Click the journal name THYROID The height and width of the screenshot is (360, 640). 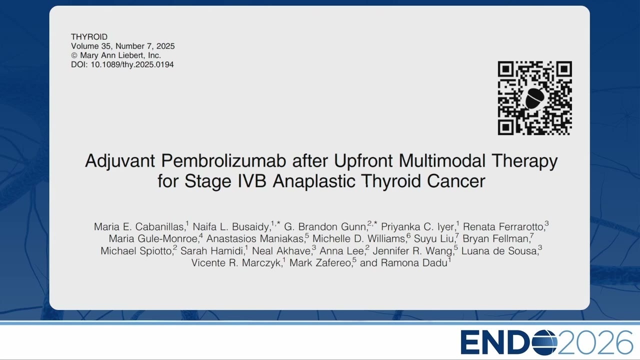[x=89, y=37]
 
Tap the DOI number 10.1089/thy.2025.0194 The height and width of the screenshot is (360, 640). [x=132, y=64]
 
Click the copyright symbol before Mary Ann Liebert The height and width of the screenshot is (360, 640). [x=74, y=55]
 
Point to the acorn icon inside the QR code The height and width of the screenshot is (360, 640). [x=534, y=97]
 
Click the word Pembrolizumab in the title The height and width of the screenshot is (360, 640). [x=223, y=160]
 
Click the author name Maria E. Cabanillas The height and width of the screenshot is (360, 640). [x=139, y=227]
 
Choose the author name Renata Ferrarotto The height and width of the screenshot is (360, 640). [x=503, y=227]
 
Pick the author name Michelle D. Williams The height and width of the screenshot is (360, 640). [x=359, y=238]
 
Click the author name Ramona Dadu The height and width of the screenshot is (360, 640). [x=414, y=263]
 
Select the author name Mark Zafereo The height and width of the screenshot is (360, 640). [x=320, y=263]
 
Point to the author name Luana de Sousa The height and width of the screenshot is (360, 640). [x=499, y=251]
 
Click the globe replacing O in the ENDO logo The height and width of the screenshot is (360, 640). [x=544, y=342]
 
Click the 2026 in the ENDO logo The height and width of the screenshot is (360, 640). [x=595, y=342]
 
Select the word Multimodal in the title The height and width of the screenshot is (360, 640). [x=441, y=160]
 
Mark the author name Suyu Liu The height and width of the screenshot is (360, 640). [x=434, y=238]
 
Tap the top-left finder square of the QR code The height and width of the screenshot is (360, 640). [x=506, y=69]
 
